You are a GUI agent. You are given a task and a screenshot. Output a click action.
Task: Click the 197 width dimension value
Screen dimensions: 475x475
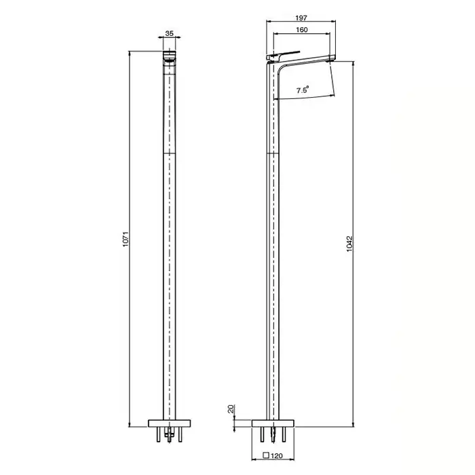click(301, 18)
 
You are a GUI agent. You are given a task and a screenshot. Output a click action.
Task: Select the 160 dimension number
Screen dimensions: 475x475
click(302, 30)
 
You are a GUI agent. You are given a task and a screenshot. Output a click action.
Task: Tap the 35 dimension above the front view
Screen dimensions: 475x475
click(170, 33)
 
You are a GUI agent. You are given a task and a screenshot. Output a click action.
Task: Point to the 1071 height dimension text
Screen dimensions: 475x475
click(126, 240)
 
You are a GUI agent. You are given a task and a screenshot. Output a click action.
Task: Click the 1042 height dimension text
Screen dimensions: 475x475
click(349, 244)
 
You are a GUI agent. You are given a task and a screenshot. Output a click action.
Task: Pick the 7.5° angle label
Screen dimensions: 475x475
click(303, 90)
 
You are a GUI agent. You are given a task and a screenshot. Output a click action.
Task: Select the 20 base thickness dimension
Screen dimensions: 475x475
click(231, 409)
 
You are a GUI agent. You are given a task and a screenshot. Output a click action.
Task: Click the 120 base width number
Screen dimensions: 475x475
click(277, 455)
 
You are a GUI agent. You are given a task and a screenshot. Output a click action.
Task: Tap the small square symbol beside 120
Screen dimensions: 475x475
click(266, 455)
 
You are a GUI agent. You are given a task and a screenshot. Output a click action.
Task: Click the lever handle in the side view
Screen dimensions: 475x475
click(283, 55)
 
